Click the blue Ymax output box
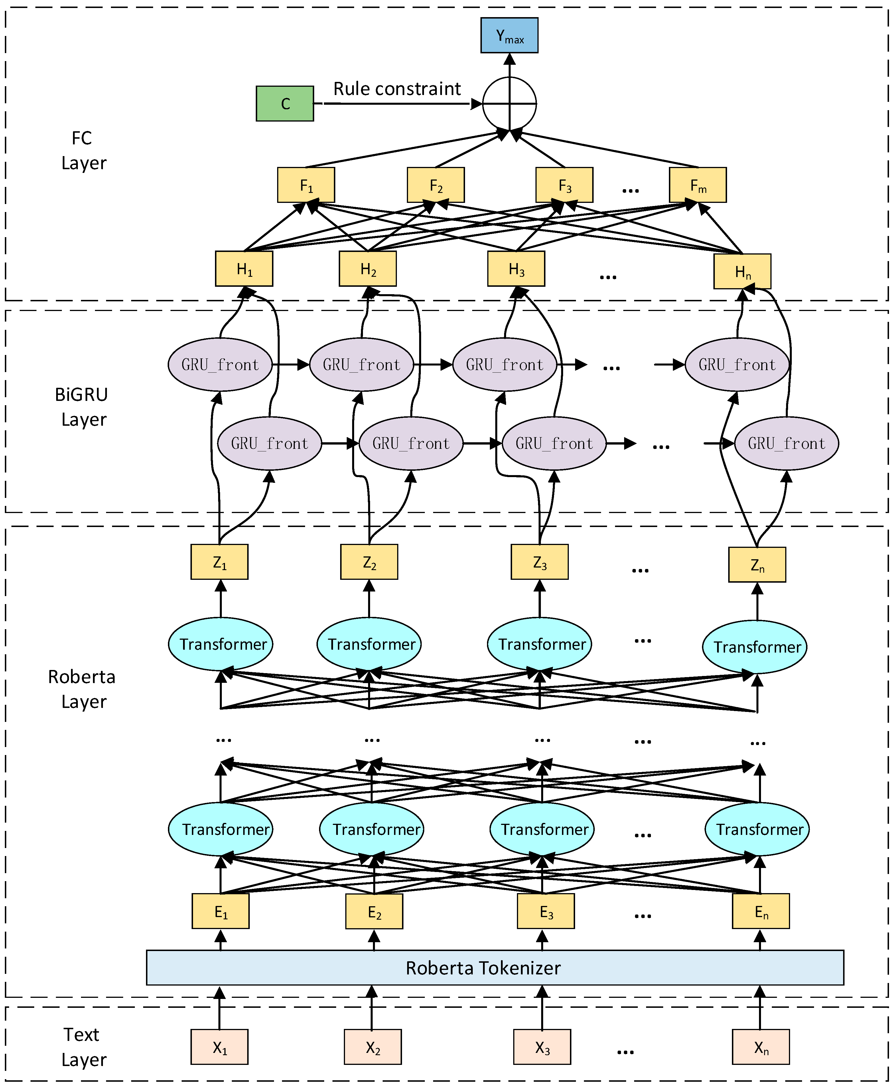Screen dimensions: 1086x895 click(509, 35)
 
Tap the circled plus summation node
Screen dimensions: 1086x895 click(509, 104)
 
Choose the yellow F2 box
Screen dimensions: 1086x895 click(436, 185)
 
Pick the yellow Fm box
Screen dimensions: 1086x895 click(697, 185)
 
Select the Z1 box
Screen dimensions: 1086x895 click(219, 562)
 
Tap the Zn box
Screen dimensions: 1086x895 click(757, 565)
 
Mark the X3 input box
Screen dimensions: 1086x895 click(542, 1047)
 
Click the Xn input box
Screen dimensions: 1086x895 click(760, 1047)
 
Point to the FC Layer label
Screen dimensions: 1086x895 click(82, 150)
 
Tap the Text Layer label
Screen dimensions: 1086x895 click(82, 1047)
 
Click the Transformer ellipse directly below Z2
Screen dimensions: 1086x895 click(369, 644)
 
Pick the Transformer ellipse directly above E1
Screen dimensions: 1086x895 click(221, 829)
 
